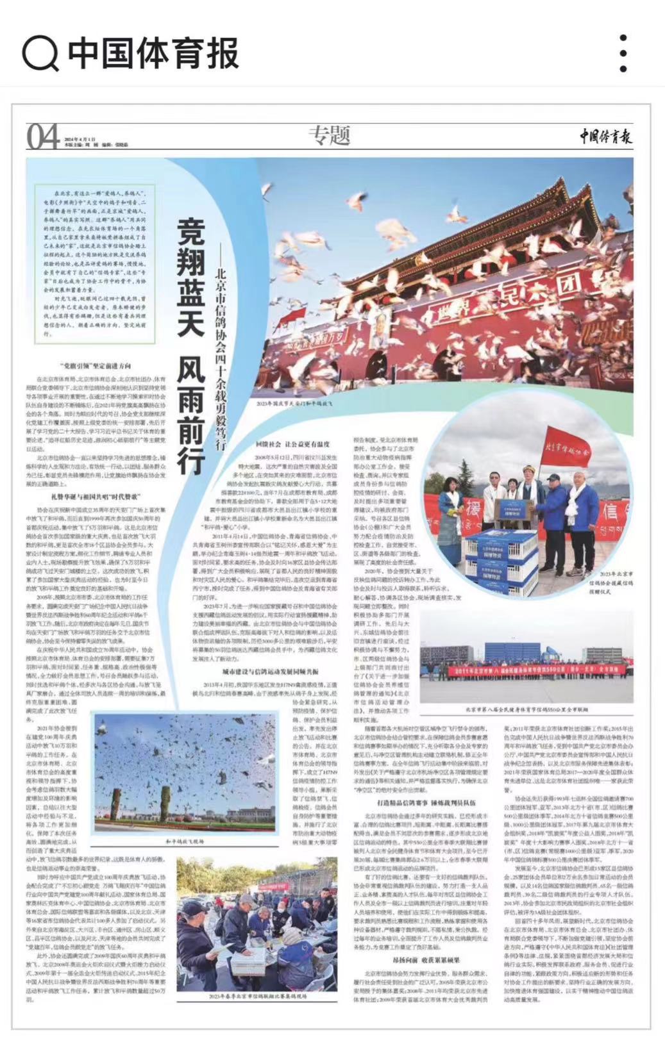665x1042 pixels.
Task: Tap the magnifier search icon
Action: tap(40, 53)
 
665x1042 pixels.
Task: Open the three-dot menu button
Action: tap(623, 53)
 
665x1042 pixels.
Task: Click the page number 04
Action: tap(43, 136)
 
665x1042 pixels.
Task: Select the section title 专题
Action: tap(330, 135)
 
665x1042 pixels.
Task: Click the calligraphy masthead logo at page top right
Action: tap(606, 136)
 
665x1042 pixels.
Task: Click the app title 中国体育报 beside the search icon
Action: tap(153, 53)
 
